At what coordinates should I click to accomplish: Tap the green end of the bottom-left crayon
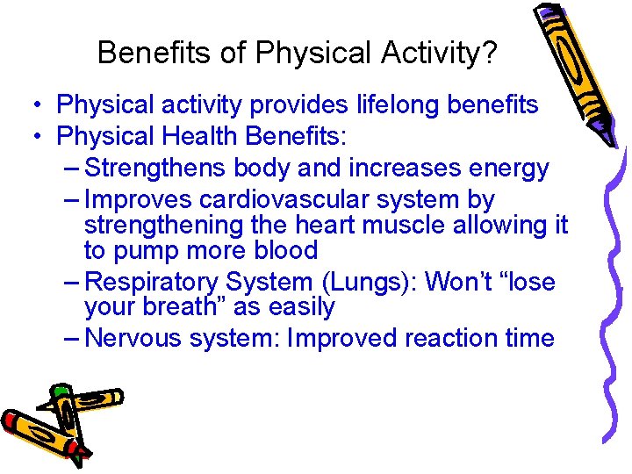pyautogui.click(x=60, y=390)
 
